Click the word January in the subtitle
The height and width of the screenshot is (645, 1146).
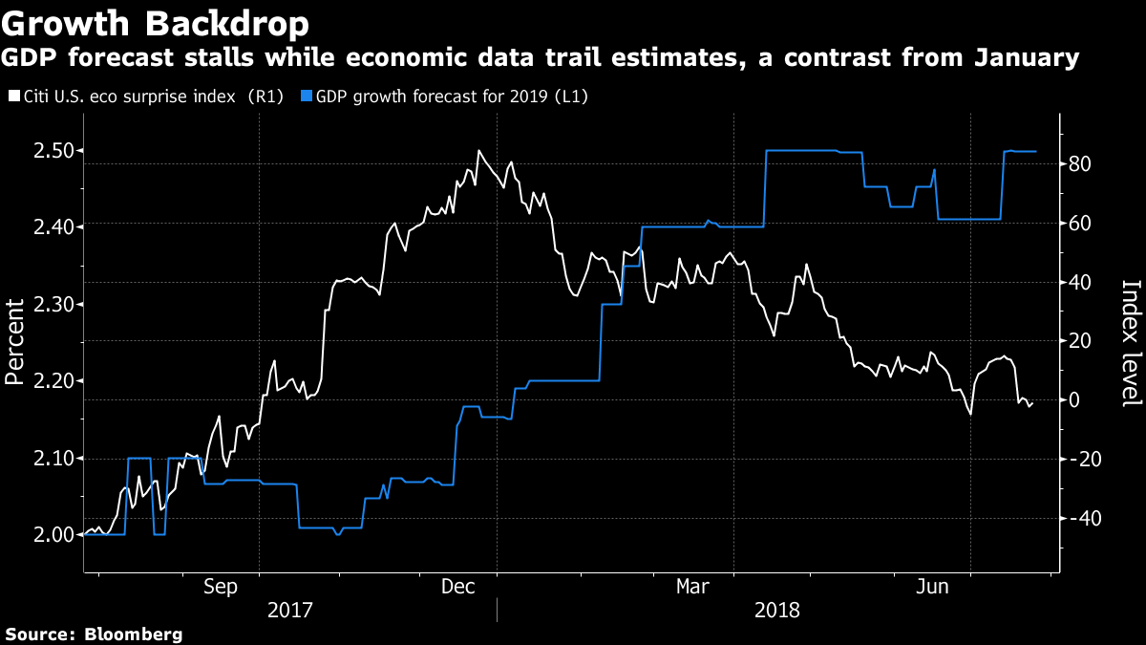(x=1027, y=59)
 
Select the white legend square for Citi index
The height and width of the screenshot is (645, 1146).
(x=12, y=97)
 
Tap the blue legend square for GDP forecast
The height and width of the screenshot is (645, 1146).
(x=307, y=97)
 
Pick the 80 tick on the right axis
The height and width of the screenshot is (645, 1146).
(x=1081, y=164)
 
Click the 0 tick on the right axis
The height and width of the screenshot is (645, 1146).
(x=1074, y=400)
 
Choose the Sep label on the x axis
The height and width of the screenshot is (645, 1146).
(x=222, y=586)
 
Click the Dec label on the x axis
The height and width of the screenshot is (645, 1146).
(x=458, y=586)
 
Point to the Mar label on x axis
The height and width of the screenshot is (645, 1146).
(x=694, y=586)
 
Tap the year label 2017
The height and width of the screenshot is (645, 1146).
(x=289, y=609)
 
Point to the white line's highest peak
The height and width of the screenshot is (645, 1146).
(x=477, y=151)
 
